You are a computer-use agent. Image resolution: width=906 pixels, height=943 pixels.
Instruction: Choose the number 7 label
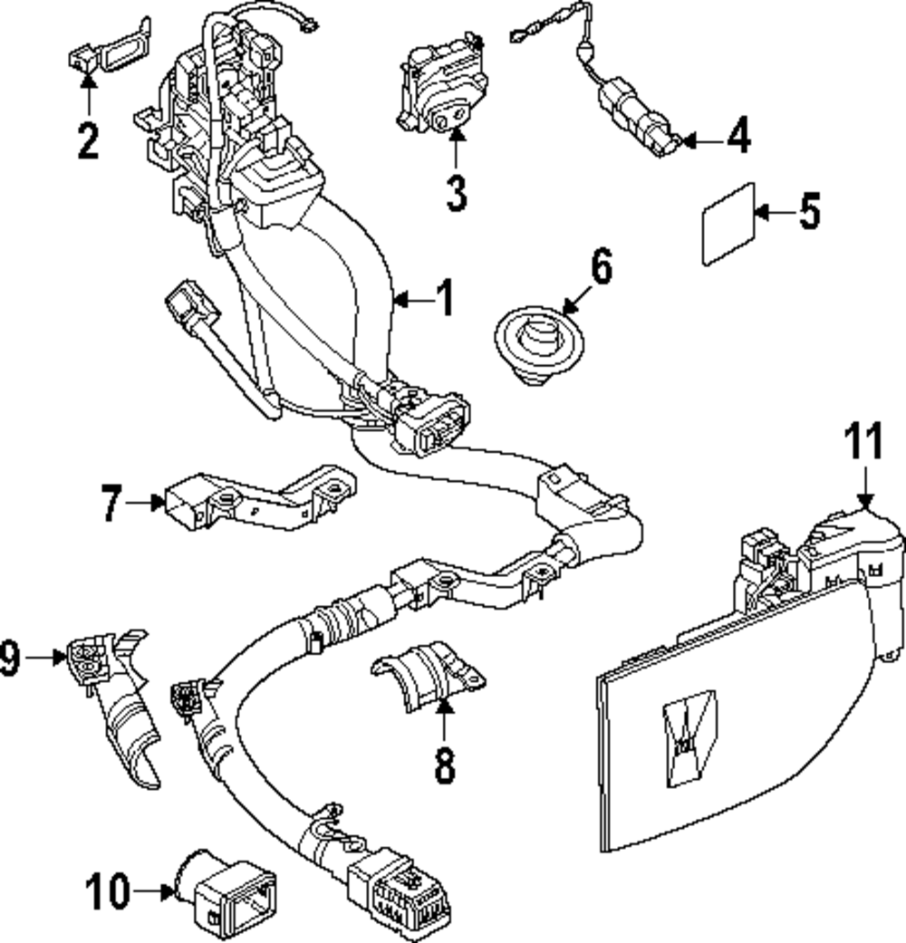pos(111,503)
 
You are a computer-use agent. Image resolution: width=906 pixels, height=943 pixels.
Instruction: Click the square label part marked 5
pos(728,223)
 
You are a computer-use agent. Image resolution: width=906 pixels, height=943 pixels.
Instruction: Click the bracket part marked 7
pos(254,501)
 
